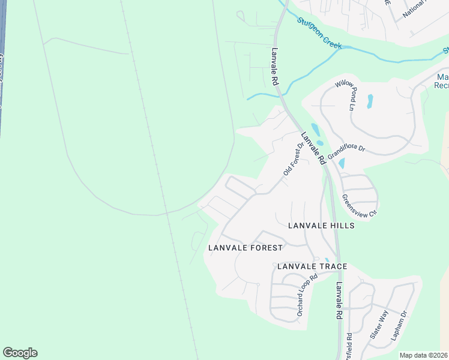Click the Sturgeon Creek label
pyautogui.click(x=319, y=32)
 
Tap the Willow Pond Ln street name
pyautogui.click(x=345, y=95)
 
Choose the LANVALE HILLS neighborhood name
pyautogui.click(x=321, y=226)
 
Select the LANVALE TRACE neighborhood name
pyautogui.click(x=312, y=266)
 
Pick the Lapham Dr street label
pyautogui.click(x=399, y=326)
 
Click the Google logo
pyautogui.click(x=20, y=353)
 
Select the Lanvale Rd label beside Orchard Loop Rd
pyautogui.click(x=339, y=300)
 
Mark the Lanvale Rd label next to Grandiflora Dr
pyautogui.click(x=313, y=148)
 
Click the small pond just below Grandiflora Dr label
pyautogui.click(x=342, y=163)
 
